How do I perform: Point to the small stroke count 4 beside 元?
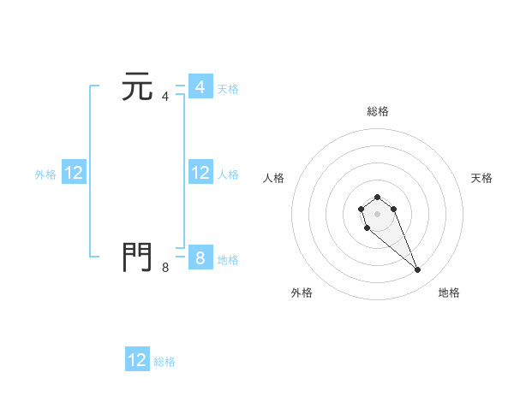tap(165, 97)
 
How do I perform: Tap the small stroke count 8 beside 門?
tap(165, 267)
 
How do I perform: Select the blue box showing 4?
tap(200, 87)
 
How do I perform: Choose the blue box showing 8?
tap(200, 257)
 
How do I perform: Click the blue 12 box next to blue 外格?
tap(73, 173)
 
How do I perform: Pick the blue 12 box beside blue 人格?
tap(200, 173)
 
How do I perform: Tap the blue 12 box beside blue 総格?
tap(137, 360)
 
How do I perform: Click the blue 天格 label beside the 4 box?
tap(228, 88)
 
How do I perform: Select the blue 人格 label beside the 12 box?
tap(228, 174)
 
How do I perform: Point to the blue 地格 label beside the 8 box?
tap(228, 259)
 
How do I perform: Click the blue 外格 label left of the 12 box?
tap(45, 174)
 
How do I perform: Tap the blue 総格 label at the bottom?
tap(164, 362)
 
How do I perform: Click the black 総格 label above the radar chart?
tap(377, 111)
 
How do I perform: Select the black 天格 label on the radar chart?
tap(481, 178)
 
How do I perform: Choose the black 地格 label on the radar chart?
tap(449, 293)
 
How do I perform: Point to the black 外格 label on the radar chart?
tap(301, 293)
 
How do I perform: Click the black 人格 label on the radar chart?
tap(273, 178)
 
